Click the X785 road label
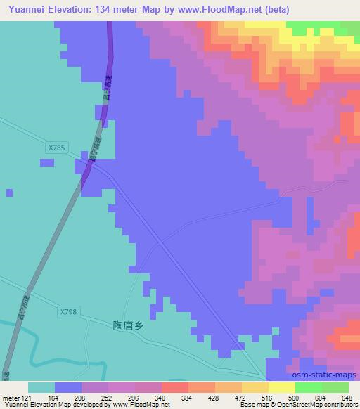57,148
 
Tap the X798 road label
68,311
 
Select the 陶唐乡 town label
127,325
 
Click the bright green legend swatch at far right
335,387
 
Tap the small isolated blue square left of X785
47,162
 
